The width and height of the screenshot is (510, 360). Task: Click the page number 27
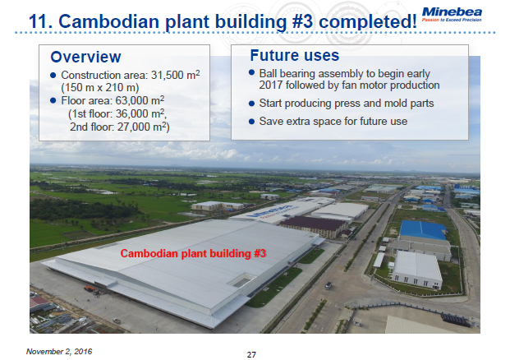pyautogui.click(x=252, y=353)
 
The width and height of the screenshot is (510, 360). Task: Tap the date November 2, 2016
pyautogui.click(x=60, y=351)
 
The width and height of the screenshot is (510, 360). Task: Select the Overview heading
pyautogui.click(x=85, y=57)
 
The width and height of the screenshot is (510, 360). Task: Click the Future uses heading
pyautogui.click(x=293, y=56)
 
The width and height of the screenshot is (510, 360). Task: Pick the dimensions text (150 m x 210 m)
pyautogui.click(x=98, y=88)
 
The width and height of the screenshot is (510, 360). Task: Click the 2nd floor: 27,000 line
pyautogui.click(x=119, y=127)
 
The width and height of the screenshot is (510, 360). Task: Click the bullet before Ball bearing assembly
pyautogui.click(x=251, y=73)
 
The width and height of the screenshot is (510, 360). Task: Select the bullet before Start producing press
pyautogui.click(x=251, y=104)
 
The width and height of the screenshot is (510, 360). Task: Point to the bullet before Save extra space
pyautogui.click(x=251, y=122)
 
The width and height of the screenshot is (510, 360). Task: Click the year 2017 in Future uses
pyautogui.click(x=272, y=85)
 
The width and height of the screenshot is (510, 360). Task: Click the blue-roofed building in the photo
pyautogui.click(x=423, y=229)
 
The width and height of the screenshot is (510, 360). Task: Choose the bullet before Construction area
pyautogui.click(x=53, y=76)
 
